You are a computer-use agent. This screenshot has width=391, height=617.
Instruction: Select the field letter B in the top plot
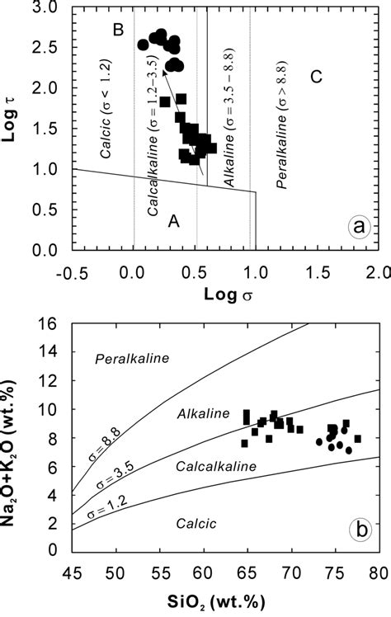pyautogui.click(x=118, y=31)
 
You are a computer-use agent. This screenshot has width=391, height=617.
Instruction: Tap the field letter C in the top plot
pyautogui.click(x=314, y=78)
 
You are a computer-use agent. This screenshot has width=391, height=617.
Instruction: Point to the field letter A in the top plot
pyautogui.click(x=173, y=220)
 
